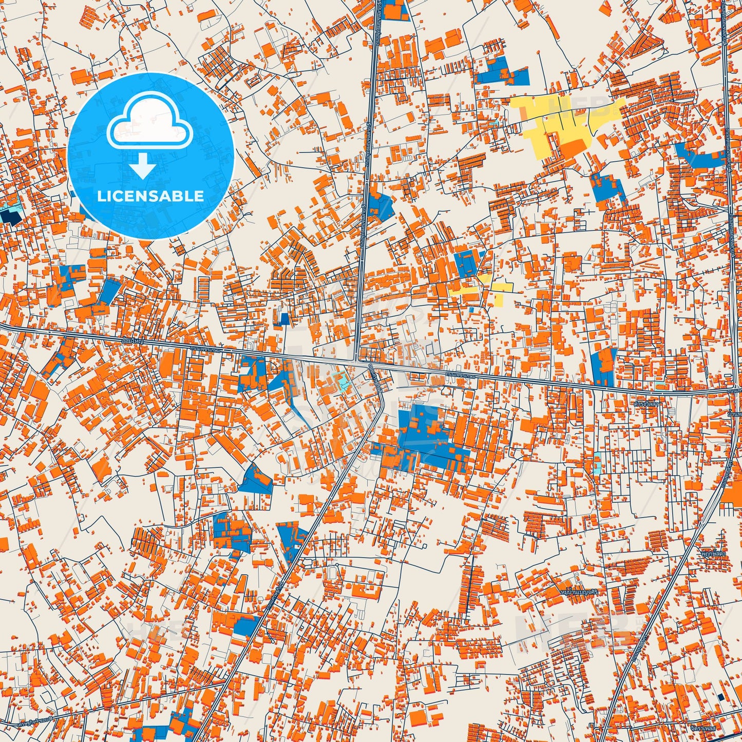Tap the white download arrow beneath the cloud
143,166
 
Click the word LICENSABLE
150,196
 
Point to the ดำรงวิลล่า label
647,404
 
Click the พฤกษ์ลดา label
714,554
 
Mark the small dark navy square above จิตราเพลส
721,697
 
